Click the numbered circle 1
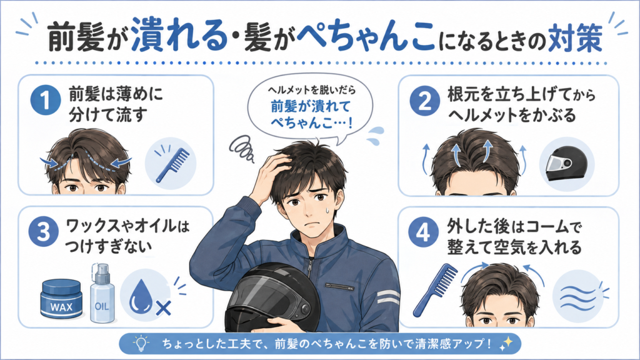click(46, 100)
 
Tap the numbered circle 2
click(425, 101)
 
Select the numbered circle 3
click(44, 231)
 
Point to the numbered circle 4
click(423, 232)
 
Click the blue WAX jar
click(61, 299)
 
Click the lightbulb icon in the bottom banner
click(141, 344)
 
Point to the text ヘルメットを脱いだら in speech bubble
click(311, 89)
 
